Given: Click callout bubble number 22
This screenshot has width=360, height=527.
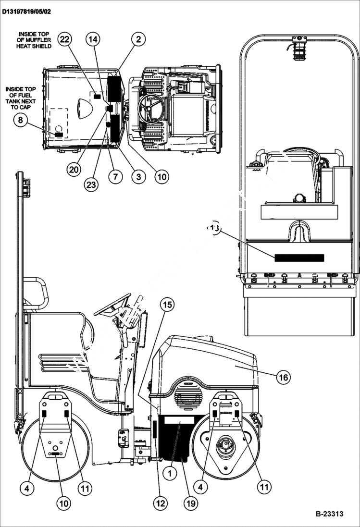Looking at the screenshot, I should pyautogui.click(x=64, y=40).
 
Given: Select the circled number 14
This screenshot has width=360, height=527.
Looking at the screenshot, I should pyautogui.click(x=94, y=40).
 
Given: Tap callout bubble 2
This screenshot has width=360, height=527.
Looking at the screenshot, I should pyautogui.click(x=138, y=40).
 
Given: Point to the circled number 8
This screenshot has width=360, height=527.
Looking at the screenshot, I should pyautogui.click(x=21, y=121).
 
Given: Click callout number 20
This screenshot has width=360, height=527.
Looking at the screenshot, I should pyautogui.click(x=74, y=169).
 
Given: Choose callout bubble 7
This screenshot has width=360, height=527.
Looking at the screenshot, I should pyautogui.click(x=115, y=176).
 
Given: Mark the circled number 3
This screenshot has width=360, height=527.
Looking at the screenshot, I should pyautogui.click(x=138, y=176).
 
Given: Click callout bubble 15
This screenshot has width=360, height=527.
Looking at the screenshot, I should pyautogui.click(x=167, y=304).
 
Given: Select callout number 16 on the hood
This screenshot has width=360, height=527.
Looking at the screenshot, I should pyautogui.click(x=284, y=377).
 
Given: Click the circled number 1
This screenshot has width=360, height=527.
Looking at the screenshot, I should pyautogui.click(x=170, y=473).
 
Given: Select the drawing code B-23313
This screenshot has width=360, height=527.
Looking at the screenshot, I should pyautogui.click(x=329, y=514).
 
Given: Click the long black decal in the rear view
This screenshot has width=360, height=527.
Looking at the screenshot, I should pyautogui.click(x=299, y=257).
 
